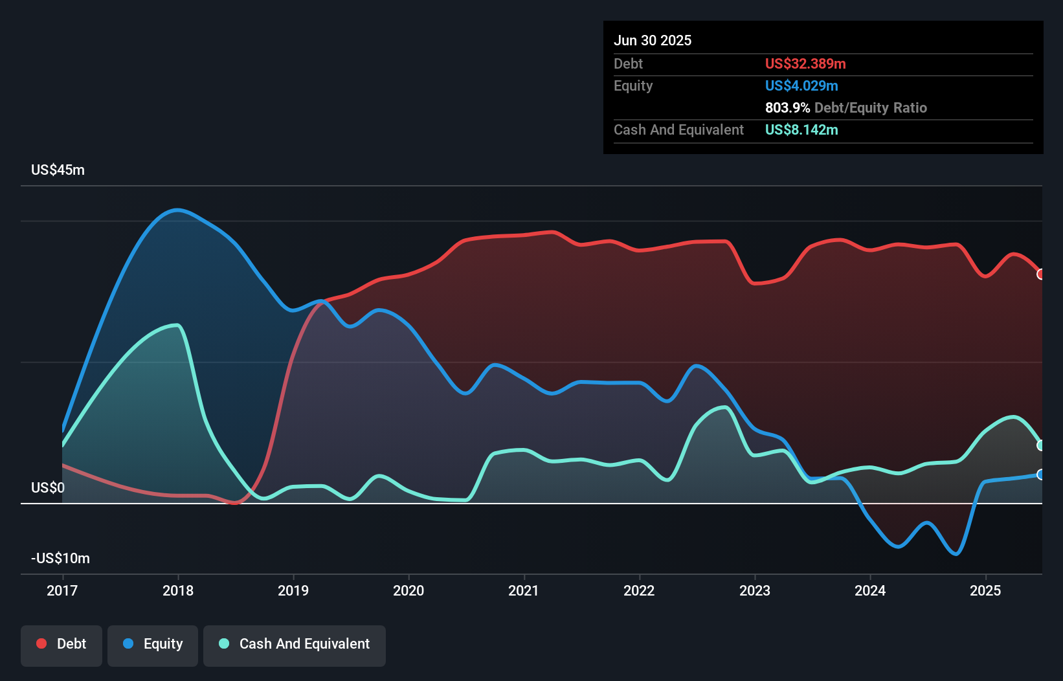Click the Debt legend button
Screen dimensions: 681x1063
tap(62, 644)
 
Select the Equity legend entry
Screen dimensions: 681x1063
tap(153, 644)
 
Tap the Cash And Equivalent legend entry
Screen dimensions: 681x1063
tap(295, 644)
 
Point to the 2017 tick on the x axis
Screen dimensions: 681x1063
tap(62, 590)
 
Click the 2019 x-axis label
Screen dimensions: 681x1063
tap(293, 590)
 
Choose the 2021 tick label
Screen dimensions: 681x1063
tap(524, 590)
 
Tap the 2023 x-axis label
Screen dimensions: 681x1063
tap(755, 590)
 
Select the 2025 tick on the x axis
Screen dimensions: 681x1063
tap(985, 590)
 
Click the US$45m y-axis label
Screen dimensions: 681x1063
tap(58, 170)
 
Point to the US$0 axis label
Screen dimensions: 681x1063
tap(48, 487)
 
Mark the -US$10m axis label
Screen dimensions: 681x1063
tap(61, 559)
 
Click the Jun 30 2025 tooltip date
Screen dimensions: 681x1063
tap(653, 41)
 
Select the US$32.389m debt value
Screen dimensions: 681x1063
tap(805, 64)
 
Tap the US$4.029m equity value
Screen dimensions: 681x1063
tap(801, 86)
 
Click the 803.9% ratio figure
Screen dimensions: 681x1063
tap(787, 108)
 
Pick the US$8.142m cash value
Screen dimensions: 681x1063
tap(801, 130)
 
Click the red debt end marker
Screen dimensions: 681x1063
tap(1041, 274)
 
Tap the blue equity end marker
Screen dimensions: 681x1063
tap(1041, 474)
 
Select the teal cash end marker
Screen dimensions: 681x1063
tap(1041, 445)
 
